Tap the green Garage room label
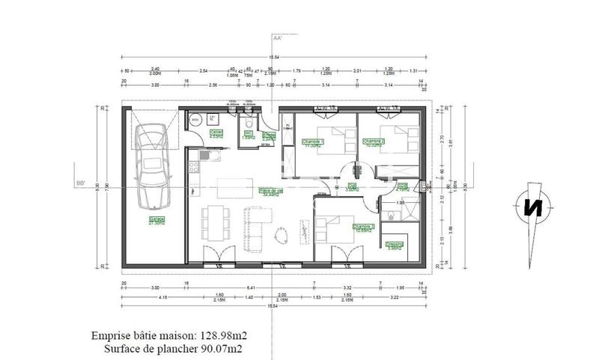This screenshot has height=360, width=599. (x=157, y=221)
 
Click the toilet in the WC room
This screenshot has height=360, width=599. (x=246, y=124)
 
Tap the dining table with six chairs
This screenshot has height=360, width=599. (x=216, y=222)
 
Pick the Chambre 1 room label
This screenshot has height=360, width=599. (x=312, y=142)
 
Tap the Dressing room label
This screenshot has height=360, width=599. (x=395, y=245)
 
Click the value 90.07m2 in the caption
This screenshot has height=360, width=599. (x=224, y=348)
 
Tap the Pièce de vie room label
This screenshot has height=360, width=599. (x=270, y=191)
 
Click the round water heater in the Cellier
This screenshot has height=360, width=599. (x=195, y=119)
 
